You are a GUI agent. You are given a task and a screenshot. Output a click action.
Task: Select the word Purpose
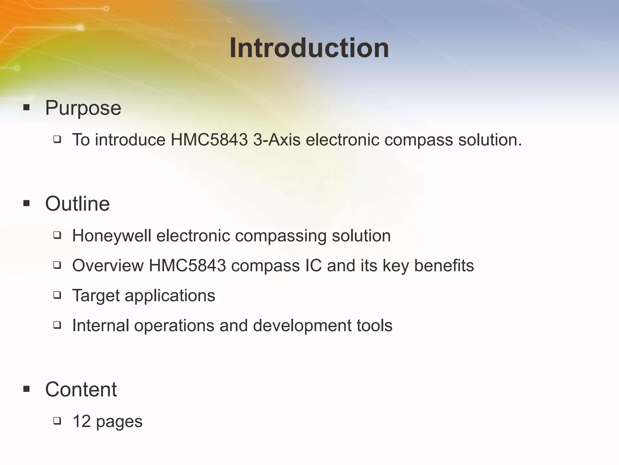(83, 108)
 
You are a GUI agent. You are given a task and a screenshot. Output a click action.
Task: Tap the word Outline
(77, 203)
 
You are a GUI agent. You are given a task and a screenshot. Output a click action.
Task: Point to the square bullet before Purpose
(27, 107)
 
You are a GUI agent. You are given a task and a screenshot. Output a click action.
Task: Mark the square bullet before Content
(27, 388)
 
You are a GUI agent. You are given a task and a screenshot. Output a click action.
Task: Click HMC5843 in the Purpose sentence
(209, 140)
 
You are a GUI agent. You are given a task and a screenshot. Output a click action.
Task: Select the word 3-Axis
(277, 140)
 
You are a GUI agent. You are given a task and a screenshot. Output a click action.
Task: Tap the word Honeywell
(112, 236)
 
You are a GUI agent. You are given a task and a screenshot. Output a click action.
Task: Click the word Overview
(108, 265)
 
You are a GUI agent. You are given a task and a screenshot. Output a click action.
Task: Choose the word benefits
(444, 265)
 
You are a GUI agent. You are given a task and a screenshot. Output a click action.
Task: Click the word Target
(96, 296)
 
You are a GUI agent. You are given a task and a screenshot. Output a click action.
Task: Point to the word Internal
(101, 325)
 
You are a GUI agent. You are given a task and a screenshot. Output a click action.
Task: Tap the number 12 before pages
(82, 421)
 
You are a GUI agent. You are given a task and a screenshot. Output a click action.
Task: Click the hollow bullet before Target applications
(57, 295)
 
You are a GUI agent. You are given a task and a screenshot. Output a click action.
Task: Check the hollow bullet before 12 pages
(57, 420)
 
